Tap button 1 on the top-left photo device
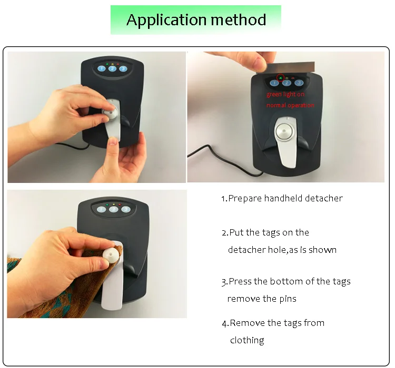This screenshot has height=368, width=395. point(101,69)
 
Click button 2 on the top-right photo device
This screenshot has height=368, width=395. point(287,83)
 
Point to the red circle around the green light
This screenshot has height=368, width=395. point(280,77)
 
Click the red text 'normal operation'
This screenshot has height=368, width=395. point(290,105)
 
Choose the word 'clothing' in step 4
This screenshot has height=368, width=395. point(247,340)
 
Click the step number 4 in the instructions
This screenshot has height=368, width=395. point(224,323)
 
